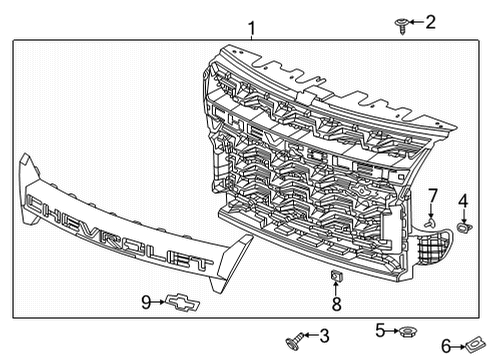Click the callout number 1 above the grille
click(251, 28)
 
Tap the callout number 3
click(322, 337)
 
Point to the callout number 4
click(462, 201)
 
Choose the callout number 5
click(380, 328)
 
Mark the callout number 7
click(433, 194)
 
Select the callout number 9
click(146, 300)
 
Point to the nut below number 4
click(463, 228)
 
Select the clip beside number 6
click(472, 345)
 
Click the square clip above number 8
click(336, 275)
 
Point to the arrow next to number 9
click(160, 300)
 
